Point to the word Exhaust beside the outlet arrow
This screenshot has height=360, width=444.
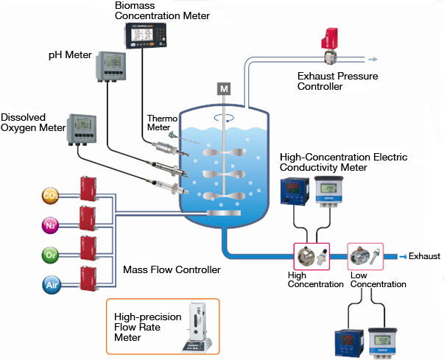point(424,256)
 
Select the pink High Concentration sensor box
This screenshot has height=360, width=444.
point(311,255)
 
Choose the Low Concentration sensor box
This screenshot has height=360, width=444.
point(367,255)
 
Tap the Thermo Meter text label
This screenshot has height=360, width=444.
point(158,122)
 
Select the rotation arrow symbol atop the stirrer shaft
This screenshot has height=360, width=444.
point(222,117)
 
